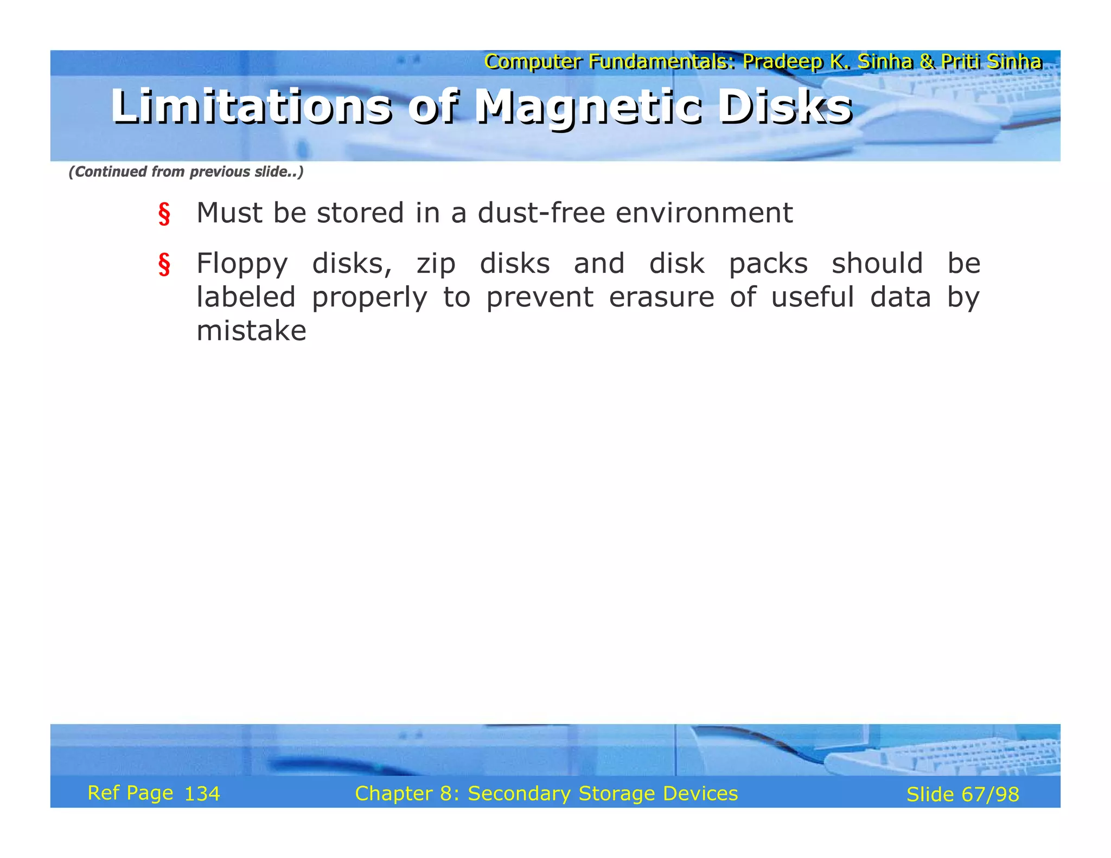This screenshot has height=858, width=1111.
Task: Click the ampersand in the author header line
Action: point(927,62)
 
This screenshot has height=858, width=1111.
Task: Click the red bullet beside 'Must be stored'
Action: point(164,214)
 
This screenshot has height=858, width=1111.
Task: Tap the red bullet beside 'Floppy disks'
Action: point(164,265)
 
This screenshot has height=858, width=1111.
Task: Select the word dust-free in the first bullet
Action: point(541,213)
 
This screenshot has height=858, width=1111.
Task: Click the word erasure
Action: point(661,298)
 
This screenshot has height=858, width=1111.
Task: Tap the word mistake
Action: point(251,331)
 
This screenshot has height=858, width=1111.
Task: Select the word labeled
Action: point(246,298)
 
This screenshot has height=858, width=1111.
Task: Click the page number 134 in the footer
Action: point(202,794)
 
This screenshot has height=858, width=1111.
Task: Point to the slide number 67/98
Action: point(990,795)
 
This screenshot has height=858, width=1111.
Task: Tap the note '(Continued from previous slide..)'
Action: point(186,172)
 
